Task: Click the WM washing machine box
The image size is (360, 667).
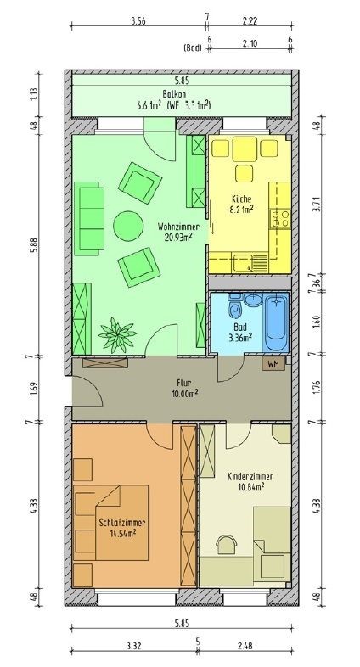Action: (272, 364)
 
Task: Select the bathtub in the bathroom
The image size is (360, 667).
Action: (276, 322)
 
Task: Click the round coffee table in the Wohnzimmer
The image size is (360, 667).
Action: (128, 225)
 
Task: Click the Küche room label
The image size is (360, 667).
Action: (242, 199)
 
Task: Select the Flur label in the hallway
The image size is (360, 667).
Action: (181, 383)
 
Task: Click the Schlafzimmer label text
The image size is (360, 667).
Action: (122, 523)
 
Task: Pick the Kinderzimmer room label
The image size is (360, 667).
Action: (250, 476)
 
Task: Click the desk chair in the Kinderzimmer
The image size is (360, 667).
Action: (227, 544)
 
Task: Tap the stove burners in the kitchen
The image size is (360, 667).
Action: (280, 218)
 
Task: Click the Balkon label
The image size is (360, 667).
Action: (171, 93)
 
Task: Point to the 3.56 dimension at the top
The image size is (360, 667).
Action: (138, 20)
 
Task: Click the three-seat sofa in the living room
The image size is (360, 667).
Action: (89, 218)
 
